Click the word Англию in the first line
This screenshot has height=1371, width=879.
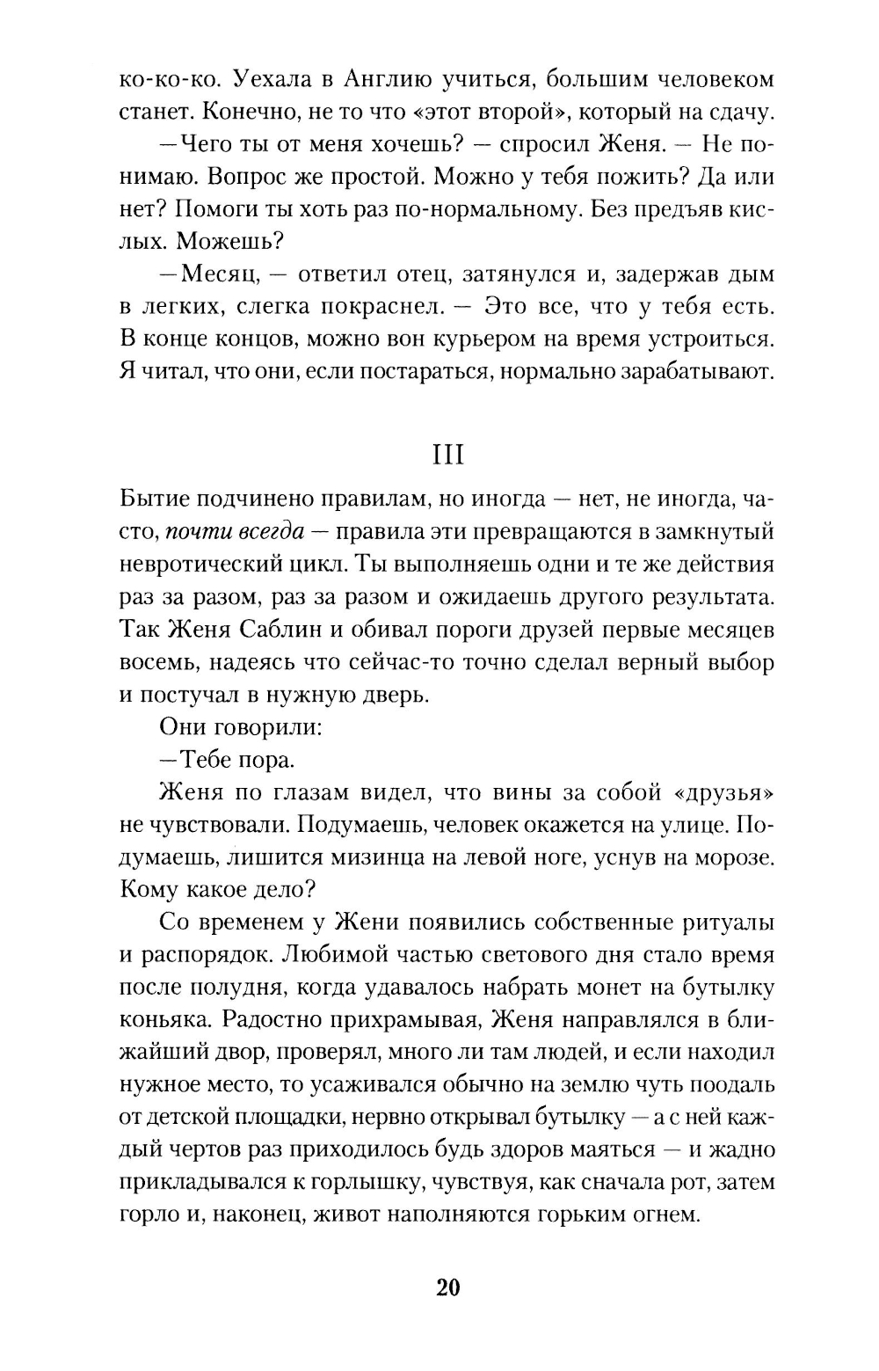(383, 79)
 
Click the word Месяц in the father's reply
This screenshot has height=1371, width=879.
(222, 273)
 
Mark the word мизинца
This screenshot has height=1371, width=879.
(417, 857)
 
